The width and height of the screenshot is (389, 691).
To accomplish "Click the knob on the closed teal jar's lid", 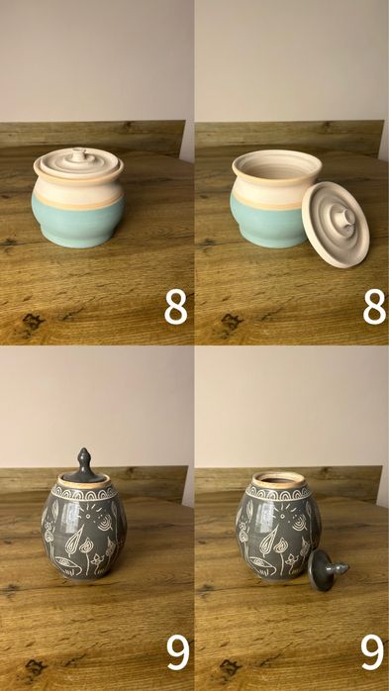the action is point(79,153).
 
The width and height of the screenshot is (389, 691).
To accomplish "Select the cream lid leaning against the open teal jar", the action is point(336,225).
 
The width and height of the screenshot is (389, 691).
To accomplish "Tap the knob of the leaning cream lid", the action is point(344,219).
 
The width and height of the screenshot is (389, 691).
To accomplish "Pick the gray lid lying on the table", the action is point(327,570).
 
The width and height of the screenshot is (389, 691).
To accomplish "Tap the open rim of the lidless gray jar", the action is point(278,480).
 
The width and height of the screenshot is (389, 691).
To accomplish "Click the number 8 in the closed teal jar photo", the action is point(176,307).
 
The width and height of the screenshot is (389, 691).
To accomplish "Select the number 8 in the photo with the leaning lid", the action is point(374,307).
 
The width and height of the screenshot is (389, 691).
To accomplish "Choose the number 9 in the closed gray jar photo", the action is point(178,652).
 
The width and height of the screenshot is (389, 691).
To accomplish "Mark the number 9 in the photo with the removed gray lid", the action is point(373,652).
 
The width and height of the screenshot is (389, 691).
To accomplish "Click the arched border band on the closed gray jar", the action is point(84,494).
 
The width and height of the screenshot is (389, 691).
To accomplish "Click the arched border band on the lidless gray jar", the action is point(278,494).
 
